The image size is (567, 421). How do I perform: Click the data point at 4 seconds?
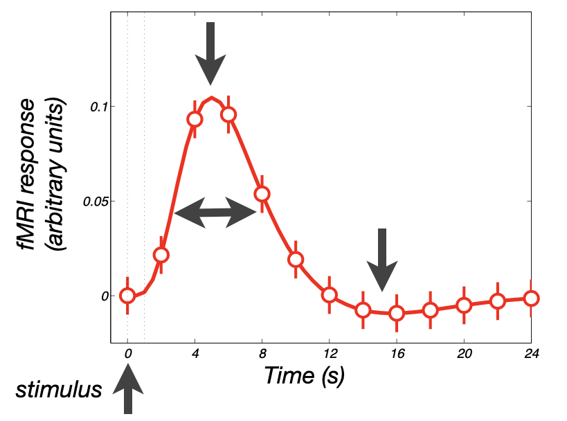[x=195, y=119]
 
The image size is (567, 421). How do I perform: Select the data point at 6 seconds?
[x=228, y=115]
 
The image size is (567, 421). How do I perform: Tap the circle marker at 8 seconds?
[x=262, y=194]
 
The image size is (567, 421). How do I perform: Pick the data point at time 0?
[x=127, y=296]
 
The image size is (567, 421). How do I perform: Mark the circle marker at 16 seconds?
[x=397, y=313]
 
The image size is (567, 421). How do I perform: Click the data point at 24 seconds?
[x=531, y=298]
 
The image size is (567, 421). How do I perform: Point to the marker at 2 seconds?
[x=161, y=255]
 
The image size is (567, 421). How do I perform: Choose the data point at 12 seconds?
[x=330, y=295]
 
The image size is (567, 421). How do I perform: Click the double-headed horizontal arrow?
[x=215, y=213]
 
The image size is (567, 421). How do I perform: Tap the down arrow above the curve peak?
[x=210, y=52]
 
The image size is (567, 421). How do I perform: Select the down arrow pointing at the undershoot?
[x=382, y=259]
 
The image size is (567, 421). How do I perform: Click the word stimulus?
[x=59, y=389]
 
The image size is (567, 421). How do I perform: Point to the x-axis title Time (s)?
[x=305, y=375]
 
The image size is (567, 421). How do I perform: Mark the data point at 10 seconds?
[x=296, y=260]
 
